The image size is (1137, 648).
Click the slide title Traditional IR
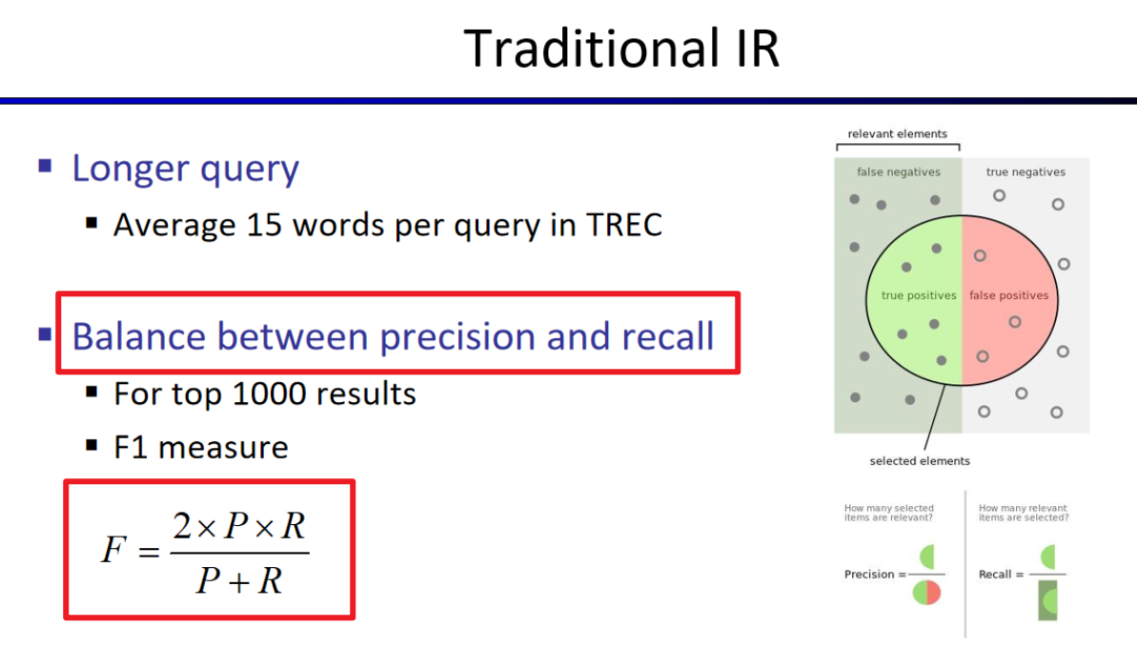point(621,49)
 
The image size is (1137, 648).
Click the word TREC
point(623,225)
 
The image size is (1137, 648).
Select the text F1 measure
point(201,447)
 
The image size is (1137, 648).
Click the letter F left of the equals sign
point(113,549)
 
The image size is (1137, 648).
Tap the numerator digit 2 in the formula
point(182,525)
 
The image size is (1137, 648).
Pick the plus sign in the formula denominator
point(238,581)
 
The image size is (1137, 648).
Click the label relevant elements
point(897,133)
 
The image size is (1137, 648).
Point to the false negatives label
point(899,172)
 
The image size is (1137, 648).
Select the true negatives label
point(1025,172)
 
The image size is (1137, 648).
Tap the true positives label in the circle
point(919,295)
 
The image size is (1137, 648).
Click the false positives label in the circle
point(1008,295)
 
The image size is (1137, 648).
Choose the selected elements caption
point(920,461)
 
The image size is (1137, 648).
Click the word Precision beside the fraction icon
point(868,574)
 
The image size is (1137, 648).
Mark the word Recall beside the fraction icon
point(994,574)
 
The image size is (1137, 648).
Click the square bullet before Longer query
point(45,166)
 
